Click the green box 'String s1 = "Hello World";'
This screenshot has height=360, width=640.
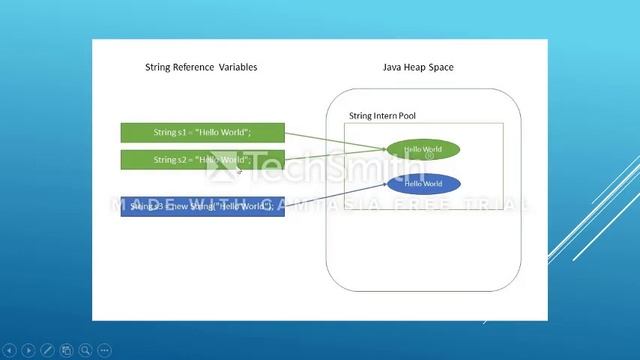click(202, 132)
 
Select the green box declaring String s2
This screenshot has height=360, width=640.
click(202, 160)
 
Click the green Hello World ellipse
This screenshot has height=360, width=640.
click(423, 150)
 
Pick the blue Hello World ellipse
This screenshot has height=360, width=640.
click(423, 184)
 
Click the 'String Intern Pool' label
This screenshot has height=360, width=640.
click(382, 116)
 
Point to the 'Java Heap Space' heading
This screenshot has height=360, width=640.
click(418, 67)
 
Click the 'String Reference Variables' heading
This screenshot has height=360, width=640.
click(201, 67)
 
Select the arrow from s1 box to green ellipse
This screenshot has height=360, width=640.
click(335, 139)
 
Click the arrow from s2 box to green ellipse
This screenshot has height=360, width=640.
click(335, 155)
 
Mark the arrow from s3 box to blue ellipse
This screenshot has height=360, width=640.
click(330, 194)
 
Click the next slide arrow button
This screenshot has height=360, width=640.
click(28, 350)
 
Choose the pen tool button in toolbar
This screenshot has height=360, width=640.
click(47, 350)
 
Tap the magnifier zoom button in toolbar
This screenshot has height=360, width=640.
click(85, 350)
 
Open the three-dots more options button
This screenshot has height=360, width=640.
click(104, 350)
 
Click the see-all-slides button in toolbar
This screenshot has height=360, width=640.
click(66, 350)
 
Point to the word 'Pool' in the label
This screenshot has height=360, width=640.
click(407, 116)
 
